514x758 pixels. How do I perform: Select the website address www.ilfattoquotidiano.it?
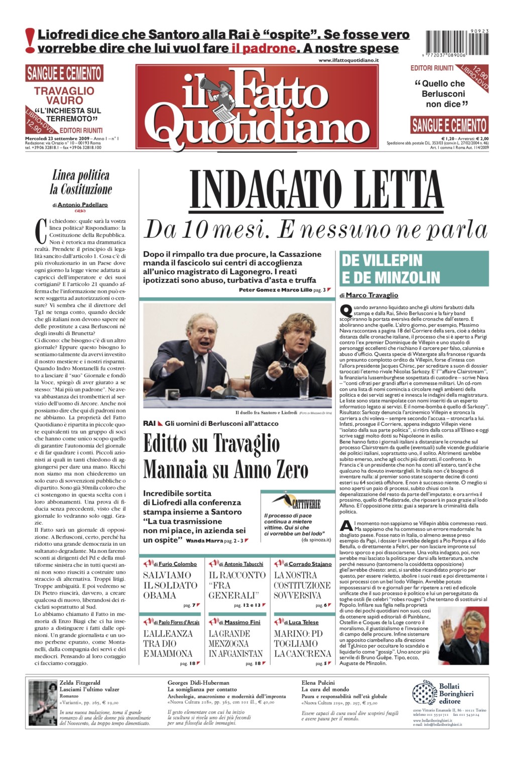[348, 60]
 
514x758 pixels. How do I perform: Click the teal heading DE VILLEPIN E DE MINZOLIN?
[414, 269]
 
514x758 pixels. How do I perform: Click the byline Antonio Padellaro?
[82, 205]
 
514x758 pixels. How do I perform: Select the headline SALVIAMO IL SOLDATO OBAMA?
[170, 585]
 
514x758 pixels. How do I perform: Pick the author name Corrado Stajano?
[310, 564]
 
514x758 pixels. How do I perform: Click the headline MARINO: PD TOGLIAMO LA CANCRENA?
[302, 643]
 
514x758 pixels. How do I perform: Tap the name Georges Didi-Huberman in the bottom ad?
[198, 683]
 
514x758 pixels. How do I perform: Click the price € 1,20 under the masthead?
[450, 138]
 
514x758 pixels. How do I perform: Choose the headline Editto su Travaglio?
[211, 443]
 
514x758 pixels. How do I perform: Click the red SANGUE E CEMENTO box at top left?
[64, 73]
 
